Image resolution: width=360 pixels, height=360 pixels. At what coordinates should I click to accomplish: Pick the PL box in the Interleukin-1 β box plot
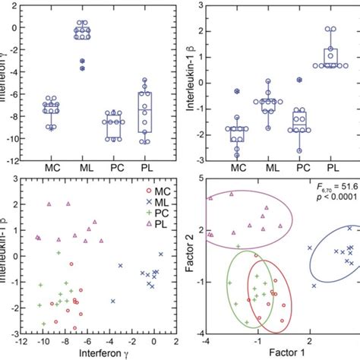point(332,58)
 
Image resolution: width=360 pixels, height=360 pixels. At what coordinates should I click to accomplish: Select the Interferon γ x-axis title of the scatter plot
point(90,352)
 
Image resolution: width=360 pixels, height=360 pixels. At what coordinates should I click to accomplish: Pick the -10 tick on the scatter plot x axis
point(43,341)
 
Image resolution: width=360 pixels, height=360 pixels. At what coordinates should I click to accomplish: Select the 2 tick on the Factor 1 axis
point(309,341)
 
